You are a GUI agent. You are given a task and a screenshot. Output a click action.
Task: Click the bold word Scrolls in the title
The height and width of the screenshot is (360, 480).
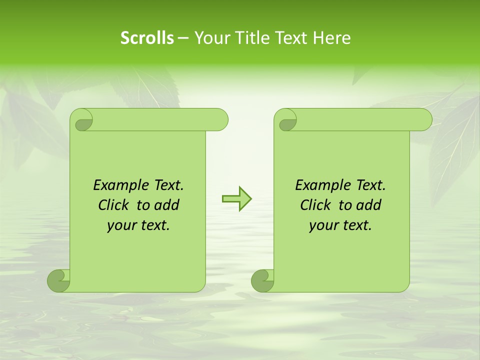click(147, 38)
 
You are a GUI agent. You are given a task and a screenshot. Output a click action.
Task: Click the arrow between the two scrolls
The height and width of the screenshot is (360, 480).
click(236, 199)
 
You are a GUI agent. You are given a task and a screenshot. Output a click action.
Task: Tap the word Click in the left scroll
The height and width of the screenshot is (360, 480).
click(113, 205)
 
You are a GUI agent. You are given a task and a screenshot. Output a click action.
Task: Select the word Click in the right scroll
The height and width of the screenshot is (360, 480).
click(315, 205)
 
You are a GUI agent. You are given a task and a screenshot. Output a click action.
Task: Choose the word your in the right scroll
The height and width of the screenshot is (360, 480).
click(322, 225)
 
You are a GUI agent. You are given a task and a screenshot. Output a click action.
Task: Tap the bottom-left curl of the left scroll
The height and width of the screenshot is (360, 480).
click(58, 280)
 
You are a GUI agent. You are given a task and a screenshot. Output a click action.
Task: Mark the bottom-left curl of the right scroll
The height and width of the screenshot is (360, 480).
click(262, 280)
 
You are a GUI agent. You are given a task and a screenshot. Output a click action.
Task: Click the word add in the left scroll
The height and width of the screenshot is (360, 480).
click(167, 205)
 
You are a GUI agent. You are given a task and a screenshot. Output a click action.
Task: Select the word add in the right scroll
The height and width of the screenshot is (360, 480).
click(369, 205)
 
